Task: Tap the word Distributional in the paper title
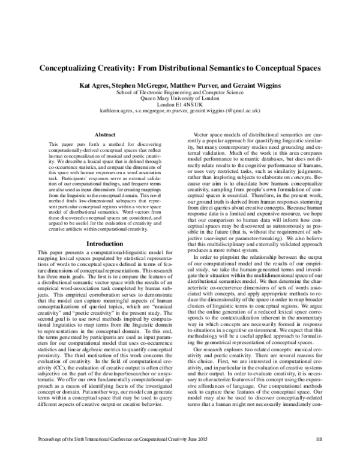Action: click(x=191, y=69)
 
